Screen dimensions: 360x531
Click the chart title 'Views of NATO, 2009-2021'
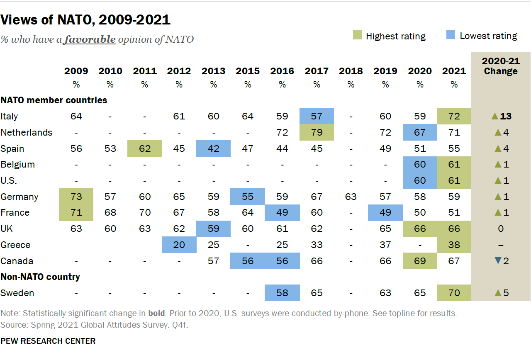point(86,19)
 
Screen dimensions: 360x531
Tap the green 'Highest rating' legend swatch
point(358,36)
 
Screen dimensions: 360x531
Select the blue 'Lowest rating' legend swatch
point(451,36)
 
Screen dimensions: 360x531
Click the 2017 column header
point(317,71)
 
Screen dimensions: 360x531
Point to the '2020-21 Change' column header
point(500,66)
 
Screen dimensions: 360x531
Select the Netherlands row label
point(27,132)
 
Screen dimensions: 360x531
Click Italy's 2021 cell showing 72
point(454,116)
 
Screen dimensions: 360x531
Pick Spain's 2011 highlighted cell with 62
point(144,148)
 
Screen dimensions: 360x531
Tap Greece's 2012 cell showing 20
point(179,245)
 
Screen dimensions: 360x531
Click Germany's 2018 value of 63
point(351,197)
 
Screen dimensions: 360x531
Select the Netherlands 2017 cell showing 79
point(317,132)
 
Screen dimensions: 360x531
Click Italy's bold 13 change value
point(506,117)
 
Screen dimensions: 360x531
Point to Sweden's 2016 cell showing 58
point(282,293)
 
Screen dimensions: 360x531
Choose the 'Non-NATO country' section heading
point(40,277)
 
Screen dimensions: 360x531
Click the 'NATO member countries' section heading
point(54,100)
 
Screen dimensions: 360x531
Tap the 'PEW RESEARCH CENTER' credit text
point(48,341)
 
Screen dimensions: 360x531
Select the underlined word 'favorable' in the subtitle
point(90,39)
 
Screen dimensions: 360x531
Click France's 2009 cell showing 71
point(76,212)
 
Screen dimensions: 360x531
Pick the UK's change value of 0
point(500,229)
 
